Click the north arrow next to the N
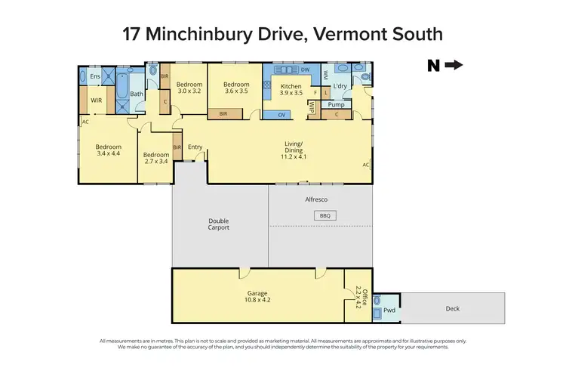[x=454, y=66]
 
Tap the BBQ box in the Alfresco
[x=325, y=215]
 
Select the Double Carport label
[x=219, y=224]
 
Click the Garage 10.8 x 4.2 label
[x=257, y=296]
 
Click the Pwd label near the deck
[x=389, y=309]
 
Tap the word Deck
[x=452, y=308]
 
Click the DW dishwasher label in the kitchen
[x=305, y=70]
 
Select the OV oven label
[x=281, y=115]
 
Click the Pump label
[x=337, y=105]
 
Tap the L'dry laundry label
[x=340, y=87]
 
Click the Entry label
[x=195, y=147]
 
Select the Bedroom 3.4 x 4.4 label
[x=108, y=150]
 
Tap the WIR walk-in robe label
[x=97, y=99]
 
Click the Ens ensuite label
[x=95, y=76]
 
